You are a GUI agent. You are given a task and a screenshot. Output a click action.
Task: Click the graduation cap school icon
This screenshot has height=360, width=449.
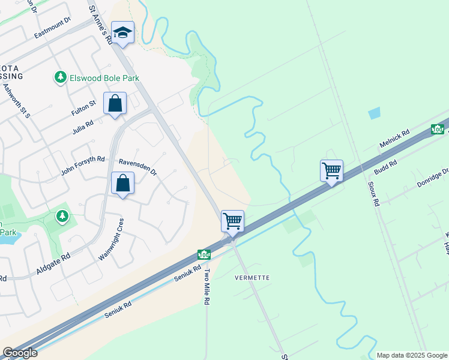click(x=122, y=34)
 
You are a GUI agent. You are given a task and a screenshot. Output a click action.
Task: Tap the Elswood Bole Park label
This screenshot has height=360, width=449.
click(x=104, y=78)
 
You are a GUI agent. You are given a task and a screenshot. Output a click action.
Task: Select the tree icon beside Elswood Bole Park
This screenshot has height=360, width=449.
click(x=60, y=77)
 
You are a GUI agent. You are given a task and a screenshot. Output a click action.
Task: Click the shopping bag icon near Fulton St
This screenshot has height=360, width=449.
click(x=115, y=103)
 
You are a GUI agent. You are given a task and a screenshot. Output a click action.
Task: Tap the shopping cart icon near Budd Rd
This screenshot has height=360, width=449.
click(x=331, y=170)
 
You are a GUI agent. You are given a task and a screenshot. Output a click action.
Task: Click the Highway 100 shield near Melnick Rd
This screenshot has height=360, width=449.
click(x=438, y=129)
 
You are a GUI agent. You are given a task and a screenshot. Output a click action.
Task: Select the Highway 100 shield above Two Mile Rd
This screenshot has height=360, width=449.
click(x=204, y=254)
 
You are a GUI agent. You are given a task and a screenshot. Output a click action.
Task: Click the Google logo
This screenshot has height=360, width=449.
click(x=20, y=353)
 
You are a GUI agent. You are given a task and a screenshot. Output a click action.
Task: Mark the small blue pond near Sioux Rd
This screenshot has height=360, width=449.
click(x=375, y=113)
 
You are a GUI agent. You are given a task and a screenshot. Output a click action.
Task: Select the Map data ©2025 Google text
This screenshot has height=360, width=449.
click(x=411, y=355)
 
